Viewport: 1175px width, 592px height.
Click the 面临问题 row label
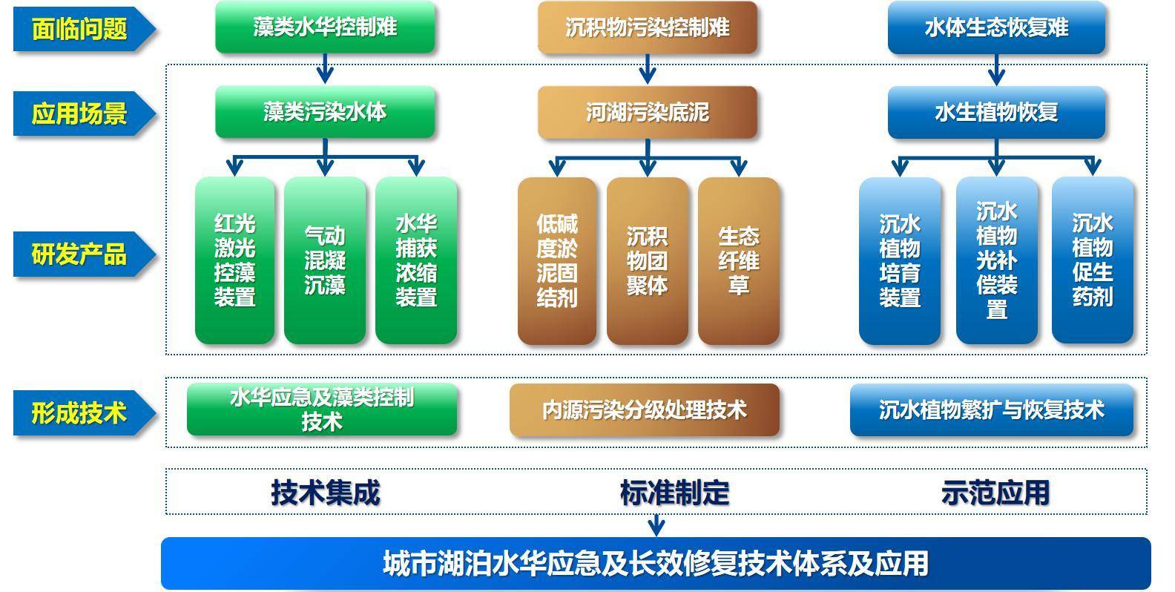(x=80, y=29)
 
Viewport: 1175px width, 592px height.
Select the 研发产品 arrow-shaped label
(x=80, y=254)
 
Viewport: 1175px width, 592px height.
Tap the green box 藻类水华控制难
(x=325, y=27)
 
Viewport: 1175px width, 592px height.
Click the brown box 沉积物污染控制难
(x=647, y=27)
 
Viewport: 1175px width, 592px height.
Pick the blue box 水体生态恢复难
(x=996, y=27)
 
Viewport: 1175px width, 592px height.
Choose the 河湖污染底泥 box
(x=647, y=113)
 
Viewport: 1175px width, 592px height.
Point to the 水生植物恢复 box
(x=996, y=113)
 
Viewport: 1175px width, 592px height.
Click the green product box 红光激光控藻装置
(x=234, y=260)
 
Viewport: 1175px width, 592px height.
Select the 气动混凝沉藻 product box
(x=325, y=260)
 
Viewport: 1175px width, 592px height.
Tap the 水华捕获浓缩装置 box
(x=416, y=260)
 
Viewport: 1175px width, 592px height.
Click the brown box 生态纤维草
(x=738, y=260)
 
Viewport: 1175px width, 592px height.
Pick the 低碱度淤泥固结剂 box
(x=557, y=260)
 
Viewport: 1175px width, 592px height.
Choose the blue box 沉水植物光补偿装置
(x=996, y=260)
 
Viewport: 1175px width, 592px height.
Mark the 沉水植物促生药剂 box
(x=1092, y=260)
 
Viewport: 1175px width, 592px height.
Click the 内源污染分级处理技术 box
(x=644, y=410)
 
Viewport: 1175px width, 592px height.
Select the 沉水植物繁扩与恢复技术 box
(x=992, y=410)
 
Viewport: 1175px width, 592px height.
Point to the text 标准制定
(x=674, y=493)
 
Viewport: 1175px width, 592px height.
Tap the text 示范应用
(x=995, y=493)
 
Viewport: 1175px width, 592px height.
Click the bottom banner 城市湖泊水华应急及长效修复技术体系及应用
(x=656, y=564)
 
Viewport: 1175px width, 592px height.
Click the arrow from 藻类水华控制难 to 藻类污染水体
(x=325, y=69)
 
